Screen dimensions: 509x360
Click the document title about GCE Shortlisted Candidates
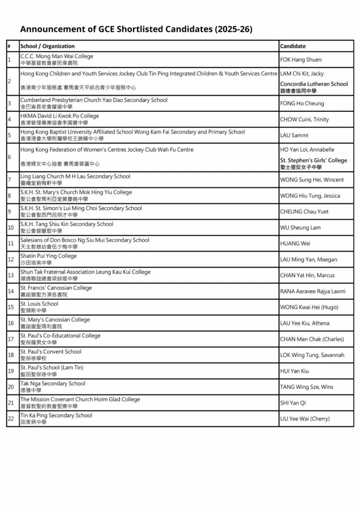(x=136, y=29)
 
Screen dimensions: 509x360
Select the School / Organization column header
(x=47, y=46)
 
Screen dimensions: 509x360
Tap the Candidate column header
(x=293, y=46)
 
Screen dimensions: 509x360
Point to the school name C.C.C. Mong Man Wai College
(x=57, y=56)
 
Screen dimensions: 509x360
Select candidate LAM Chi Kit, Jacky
(x=302, y=74)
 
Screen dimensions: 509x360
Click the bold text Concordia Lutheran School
(x=314, y=84)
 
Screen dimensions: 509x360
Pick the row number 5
(x=9, y=135)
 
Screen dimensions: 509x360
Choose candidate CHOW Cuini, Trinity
(x=304, y=119)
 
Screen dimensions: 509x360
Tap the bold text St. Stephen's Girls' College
(x=313, y=161)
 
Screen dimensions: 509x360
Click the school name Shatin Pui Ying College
(x=49, y=256)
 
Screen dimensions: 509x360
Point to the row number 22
(x=10, y=419)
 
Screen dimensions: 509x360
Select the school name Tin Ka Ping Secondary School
(x=56, y=416)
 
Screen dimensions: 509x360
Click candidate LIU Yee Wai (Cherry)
(x=305, y=419)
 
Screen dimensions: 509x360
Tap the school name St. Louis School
(x=39, y=304)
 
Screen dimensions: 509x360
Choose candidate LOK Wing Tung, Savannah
(x=312, y=355)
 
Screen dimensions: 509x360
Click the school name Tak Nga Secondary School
(x=53, y=384)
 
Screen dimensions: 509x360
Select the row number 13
(x=10, y=275)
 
